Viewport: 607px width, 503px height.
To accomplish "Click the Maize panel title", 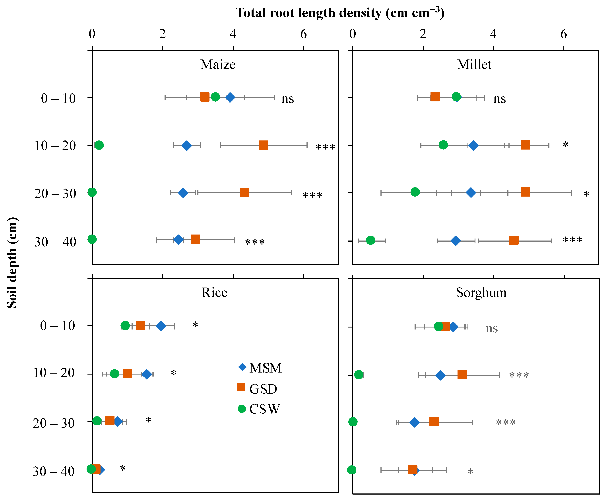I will point(218,64).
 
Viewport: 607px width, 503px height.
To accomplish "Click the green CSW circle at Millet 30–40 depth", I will point(370,240).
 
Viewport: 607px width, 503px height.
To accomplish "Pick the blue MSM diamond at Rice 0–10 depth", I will point(161,326).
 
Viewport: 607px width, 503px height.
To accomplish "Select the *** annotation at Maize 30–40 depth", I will point(255,242).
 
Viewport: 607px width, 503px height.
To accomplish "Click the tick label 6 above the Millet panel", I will point(564,34).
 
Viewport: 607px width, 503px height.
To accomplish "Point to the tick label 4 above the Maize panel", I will point(233,34).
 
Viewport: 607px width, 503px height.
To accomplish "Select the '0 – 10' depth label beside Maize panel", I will point(58,98).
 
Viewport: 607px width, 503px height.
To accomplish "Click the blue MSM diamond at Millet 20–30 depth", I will point(471,192).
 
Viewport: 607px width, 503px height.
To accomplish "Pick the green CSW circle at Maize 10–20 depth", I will point(99,145).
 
